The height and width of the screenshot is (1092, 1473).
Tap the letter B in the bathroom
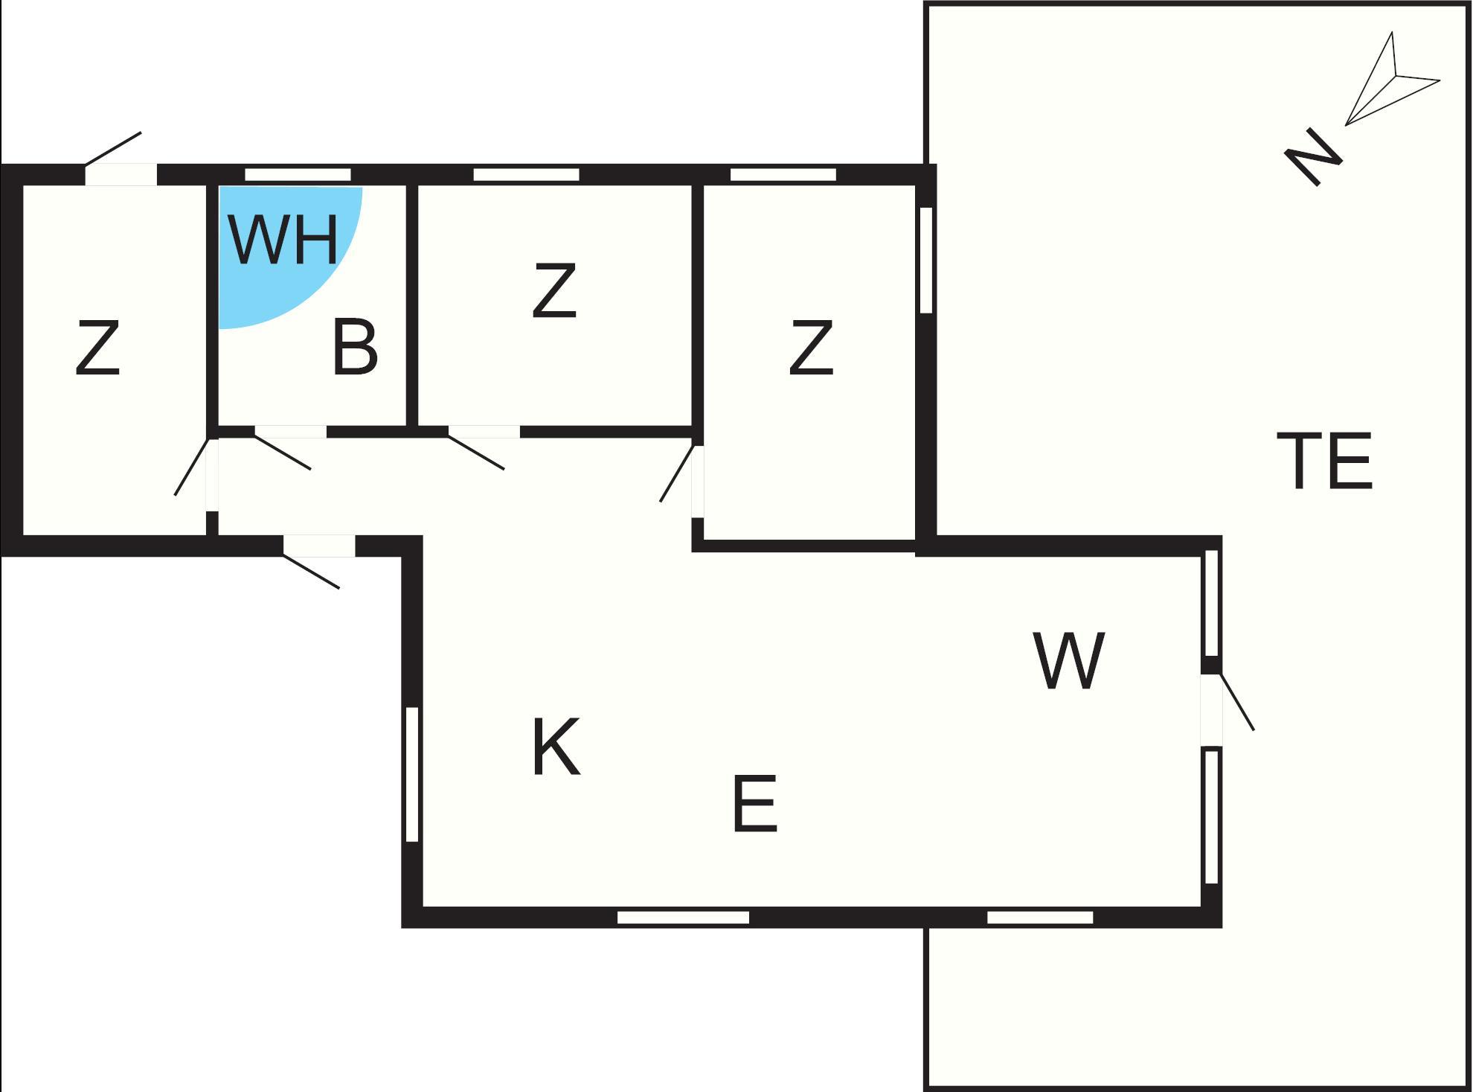355,346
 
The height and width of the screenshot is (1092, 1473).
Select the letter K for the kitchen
556,747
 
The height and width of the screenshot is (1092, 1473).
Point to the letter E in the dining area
754,804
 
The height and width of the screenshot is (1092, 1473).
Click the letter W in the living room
1069,661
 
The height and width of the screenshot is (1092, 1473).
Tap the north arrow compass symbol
1392,78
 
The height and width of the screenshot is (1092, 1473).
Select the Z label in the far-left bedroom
97,347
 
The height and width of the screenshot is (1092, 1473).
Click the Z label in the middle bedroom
555,290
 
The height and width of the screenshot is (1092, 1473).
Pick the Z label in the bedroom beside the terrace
811,347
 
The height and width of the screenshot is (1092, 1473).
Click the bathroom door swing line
283,453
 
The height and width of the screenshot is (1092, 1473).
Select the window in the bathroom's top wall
298,175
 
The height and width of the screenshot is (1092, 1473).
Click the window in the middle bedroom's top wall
526,175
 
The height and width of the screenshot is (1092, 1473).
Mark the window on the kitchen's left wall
412,774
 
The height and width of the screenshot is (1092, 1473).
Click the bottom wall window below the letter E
683,917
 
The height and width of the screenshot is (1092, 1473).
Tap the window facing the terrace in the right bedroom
926,260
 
